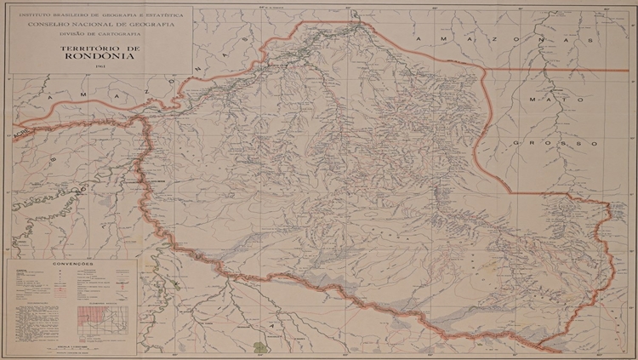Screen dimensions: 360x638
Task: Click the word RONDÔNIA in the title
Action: [x=100, y=59]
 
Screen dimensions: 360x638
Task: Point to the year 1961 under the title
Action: [x=100, y=68]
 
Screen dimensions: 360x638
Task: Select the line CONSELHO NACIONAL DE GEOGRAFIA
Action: [x=100, y=25]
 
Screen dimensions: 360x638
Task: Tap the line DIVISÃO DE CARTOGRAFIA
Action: [x=100, y=33]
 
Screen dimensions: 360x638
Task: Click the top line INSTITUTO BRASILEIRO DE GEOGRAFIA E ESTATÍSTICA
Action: [x=100, y=16]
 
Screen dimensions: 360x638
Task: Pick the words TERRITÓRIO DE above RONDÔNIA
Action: [x=100, y=49]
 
